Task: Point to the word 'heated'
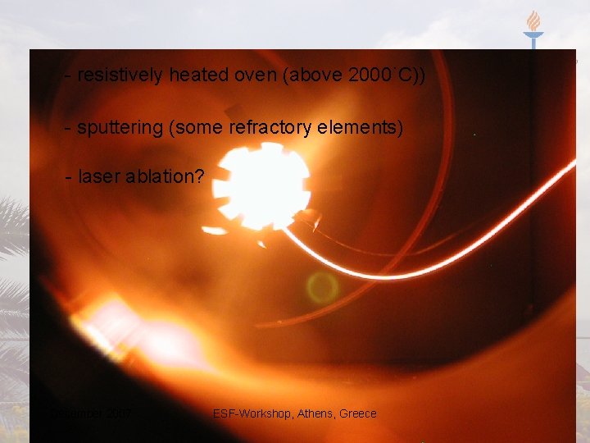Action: (196, 75)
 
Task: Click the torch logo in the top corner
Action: (533, 30)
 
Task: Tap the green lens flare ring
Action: (322, 288)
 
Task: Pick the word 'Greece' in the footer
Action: (357, 413)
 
